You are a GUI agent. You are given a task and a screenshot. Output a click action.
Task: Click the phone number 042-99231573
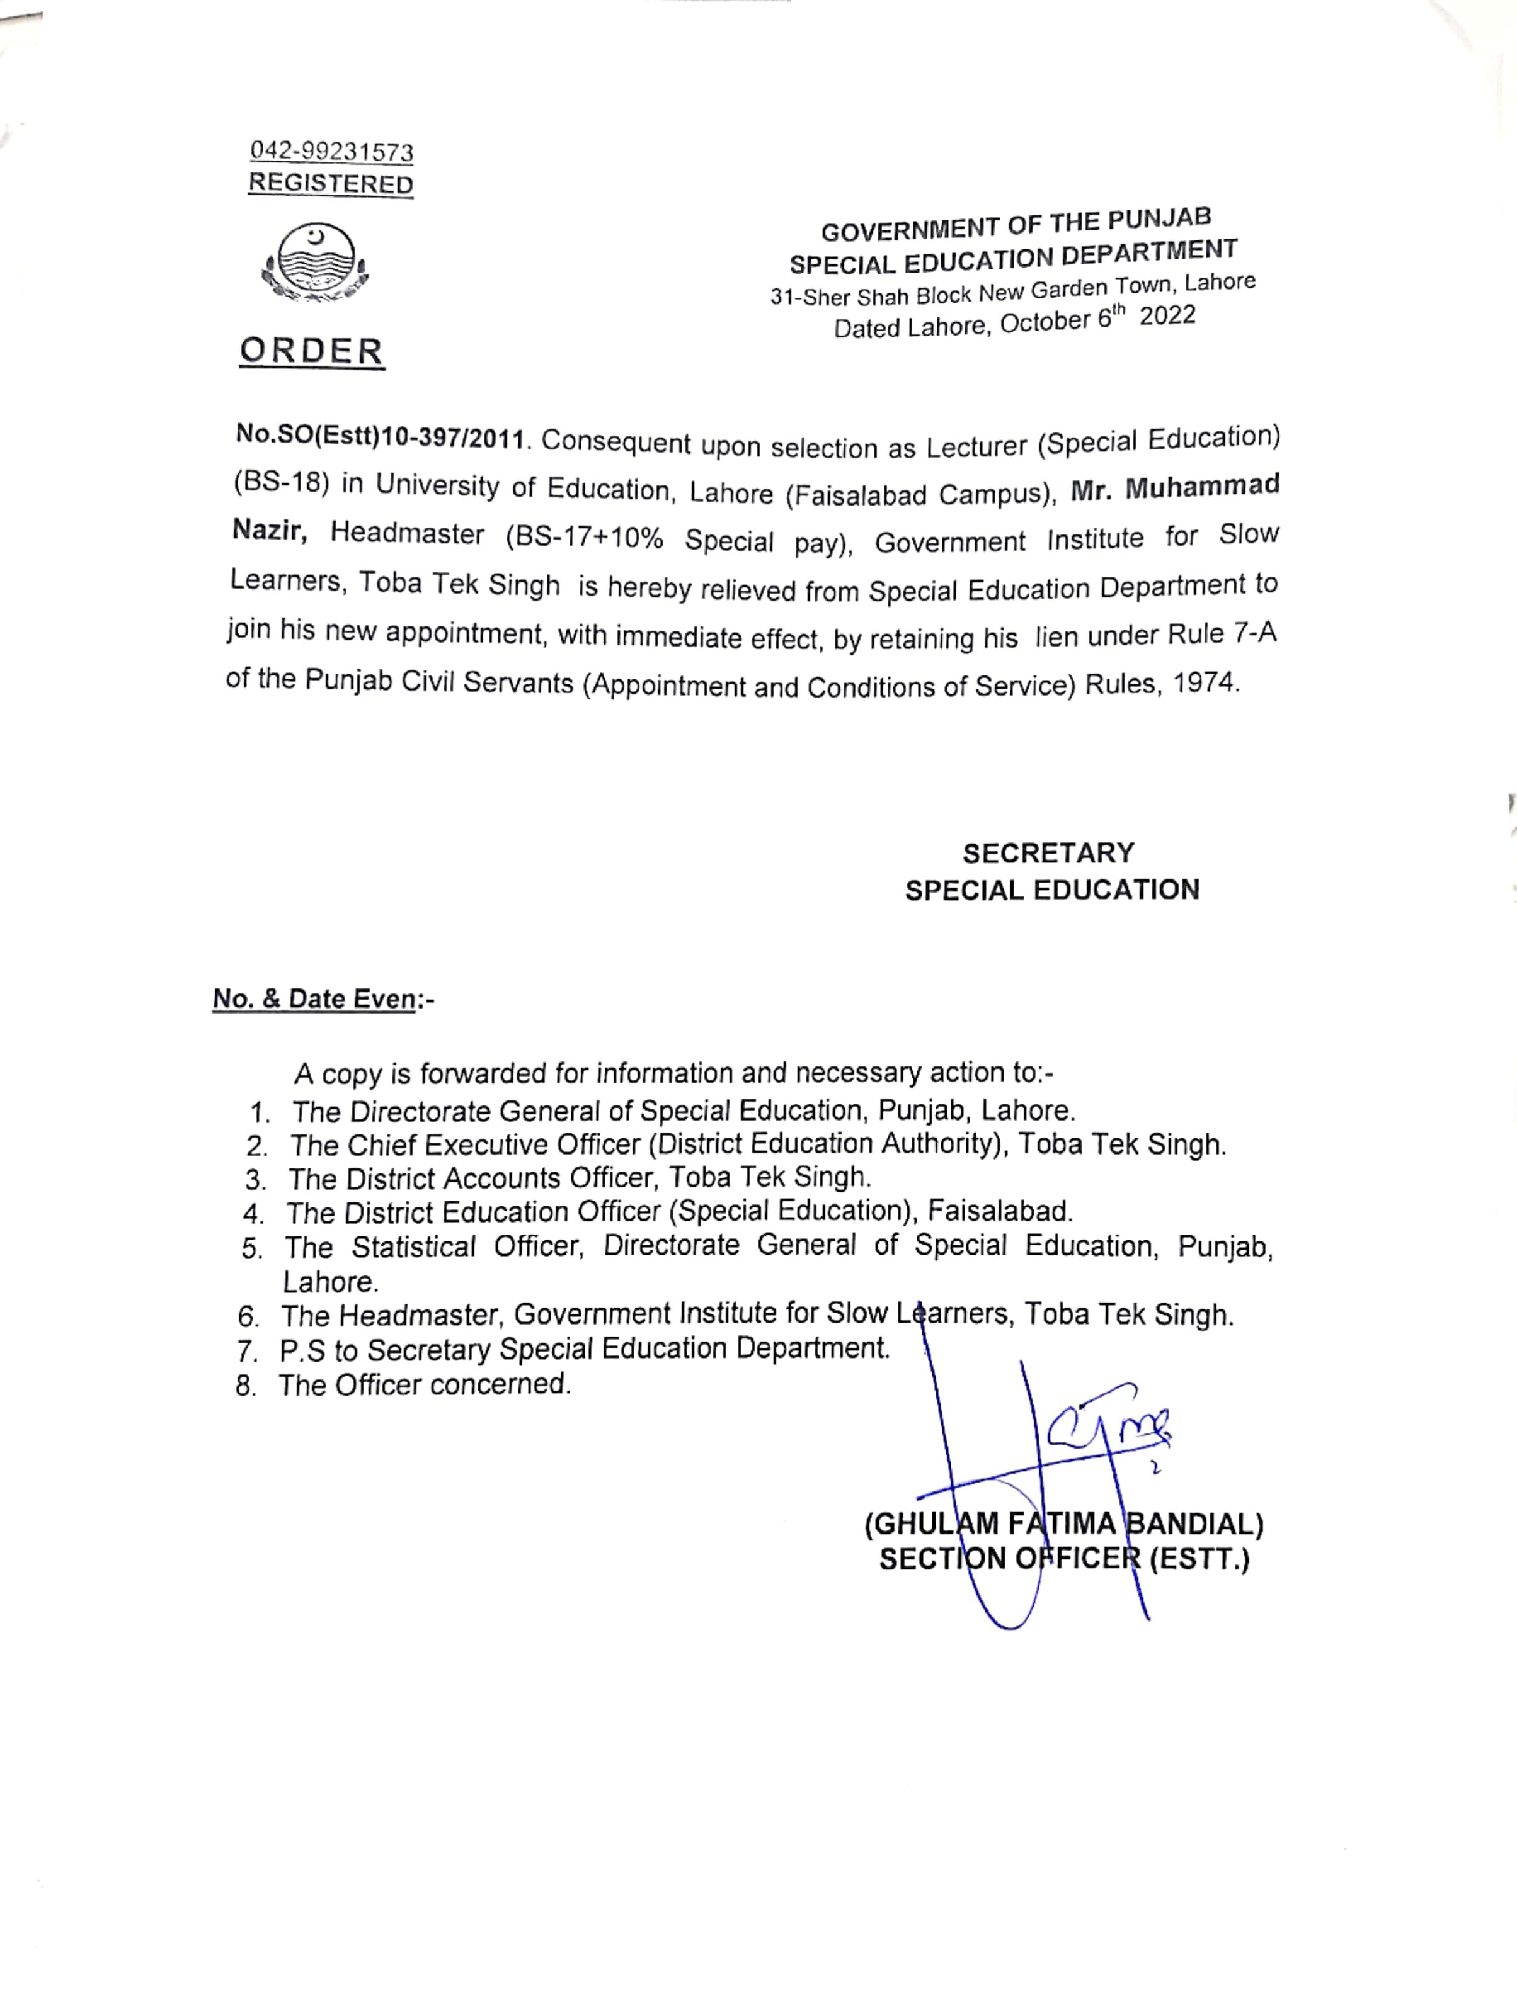tap(331, 151)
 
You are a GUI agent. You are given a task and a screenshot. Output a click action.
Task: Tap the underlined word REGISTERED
tap(330, 184)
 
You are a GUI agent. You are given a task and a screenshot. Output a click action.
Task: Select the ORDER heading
tap(311, 352)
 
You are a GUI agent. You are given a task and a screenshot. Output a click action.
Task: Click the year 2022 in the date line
tap(1167, 317)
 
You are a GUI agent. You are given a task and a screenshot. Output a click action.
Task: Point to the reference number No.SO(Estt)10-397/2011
tap(381, 437)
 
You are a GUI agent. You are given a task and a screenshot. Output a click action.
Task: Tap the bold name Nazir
tap(270, 530)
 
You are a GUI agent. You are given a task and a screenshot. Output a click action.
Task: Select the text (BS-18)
tap(281, 483)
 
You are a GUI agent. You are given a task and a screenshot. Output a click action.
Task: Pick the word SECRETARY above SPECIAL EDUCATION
tap(1048, 853)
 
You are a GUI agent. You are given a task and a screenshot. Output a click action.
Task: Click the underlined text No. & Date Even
tap(314, 998)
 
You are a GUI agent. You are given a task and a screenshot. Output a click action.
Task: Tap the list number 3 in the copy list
tap(254, 1180)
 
